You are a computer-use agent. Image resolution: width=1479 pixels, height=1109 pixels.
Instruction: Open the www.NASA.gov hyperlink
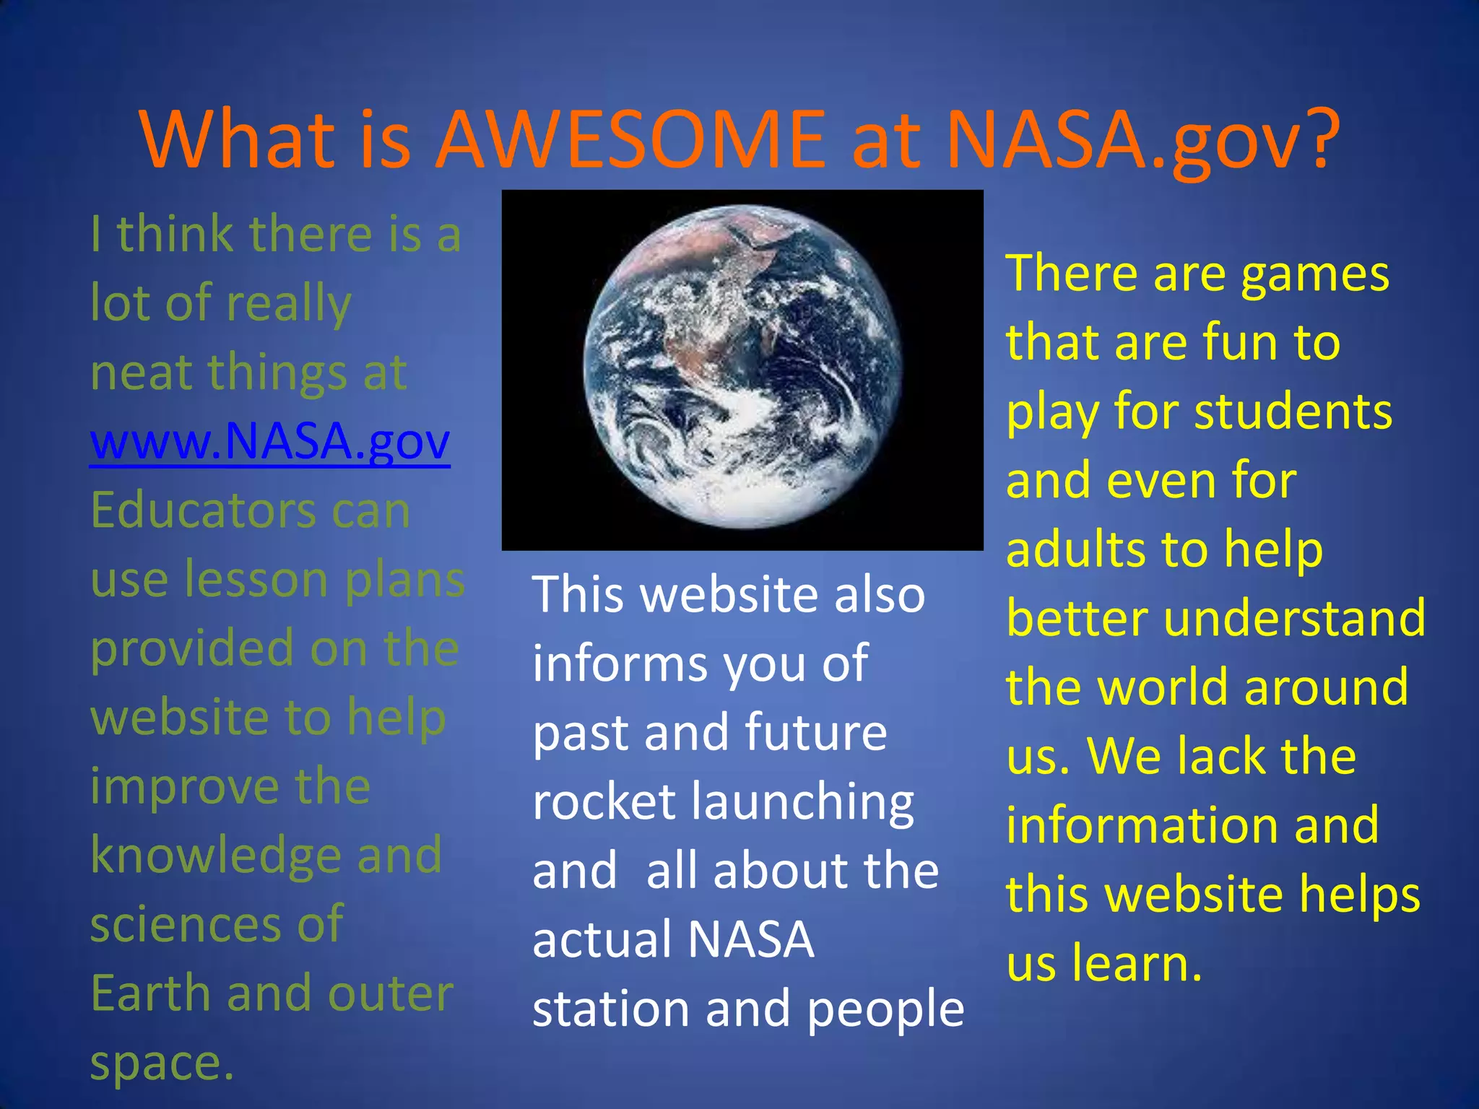pyautogui.click(x=270, y=440)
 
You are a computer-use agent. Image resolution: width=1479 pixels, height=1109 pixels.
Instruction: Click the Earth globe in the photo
pyautogui.click(x=742, y=367)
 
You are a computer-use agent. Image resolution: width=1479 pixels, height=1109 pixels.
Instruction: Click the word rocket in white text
pyautogui.click(x=604, y=801)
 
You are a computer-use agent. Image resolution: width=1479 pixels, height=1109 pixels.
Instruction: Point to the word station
pyautogui.click(x=611, y=1009)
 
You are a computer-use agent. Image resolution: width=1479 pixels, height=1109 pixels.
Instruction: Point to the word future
pyautogui.click(x=815, y=732)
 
